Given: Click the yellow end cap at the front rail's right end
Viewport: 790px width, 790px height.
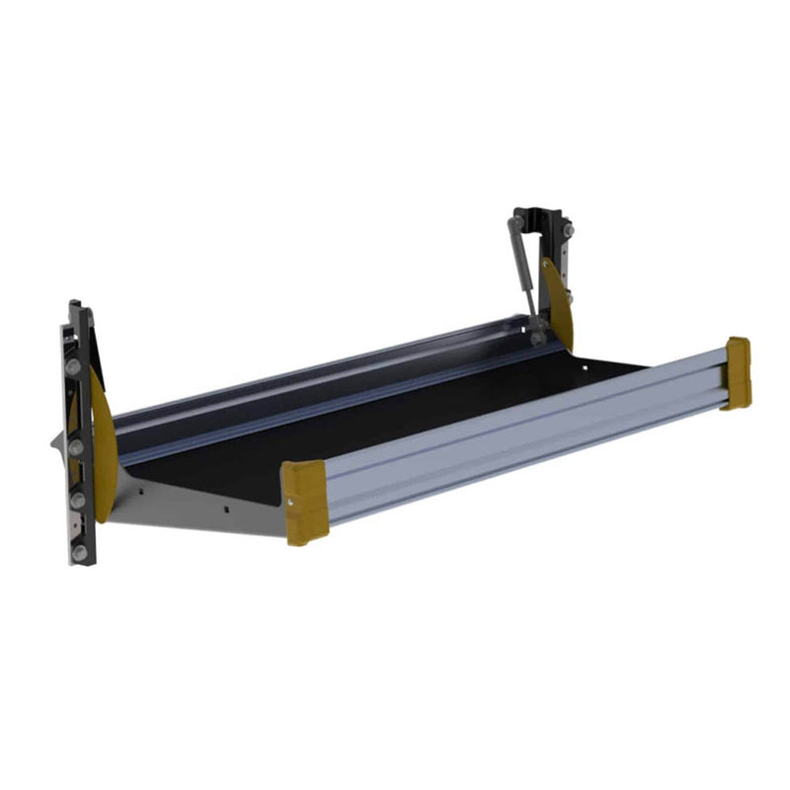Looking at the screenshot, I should coord(737,373).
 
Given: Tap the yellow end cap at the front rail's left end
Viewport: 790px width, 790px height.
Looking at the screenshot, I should coord(304,502).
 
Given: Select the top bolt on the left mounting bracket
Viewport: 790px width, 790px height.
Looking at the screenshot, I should coord(72,366).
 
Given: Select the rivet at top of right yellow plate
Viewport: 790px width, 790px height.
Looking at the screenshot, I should coord(546,264).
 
